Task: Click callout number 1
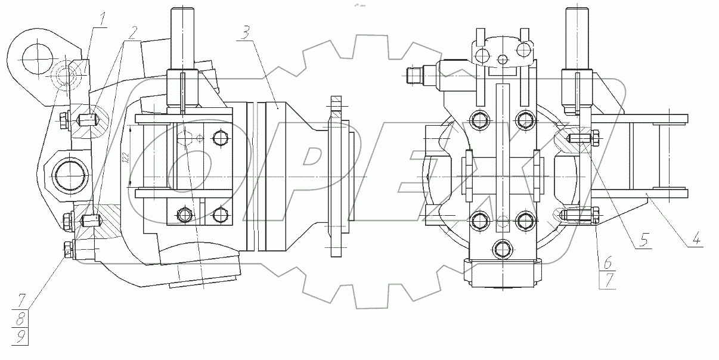pyautogui.click(x=102, y=18)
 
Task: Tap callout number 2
pyautogui.click(x=132, y=32)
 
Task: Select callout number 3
pyautogui.click(x=246, y=33)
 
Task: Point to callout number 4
pyautogui.click(x=696, y=239)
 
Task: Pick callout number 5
pyautogui.click(x=644, y=240)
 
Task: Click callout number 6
pyautogui.click(x=608, y=263)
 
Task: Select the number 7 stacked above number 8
pyautogui.click(x=21, y=300)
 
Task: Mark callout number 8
pyautogui.click(x=20, y=319)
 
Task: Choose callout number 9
pyautogui.click(x=20, y=337)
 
